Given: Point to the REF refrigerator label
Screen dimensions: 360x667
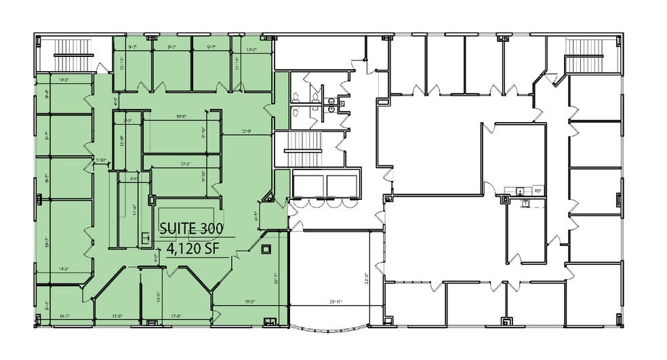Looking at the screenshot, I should tap(538, 191).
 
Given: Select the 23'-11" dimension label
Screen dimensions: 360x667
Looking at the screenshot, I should tap(336, 302).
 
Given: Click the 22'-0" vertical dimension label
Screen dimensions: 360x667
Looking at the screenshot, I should tap(365, 279).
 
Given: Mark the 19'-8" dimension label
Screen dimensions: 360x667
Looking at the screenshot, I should tap(180, 117).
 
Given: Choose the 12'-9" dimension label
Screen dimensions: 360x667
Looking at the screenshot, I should tap(247, 132).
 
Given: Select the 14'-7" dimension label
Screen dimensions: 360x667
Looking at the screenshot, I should tap(66, 316).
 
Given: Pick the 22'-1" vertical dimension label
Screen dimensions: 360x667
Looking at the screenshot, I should tap(277, 277).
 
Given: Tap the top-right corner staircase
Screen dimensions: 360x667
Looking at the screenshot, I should tap(580, 54).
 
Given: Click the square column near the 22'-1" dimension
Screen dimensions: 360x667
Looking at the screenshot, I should tap(266, 248).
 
